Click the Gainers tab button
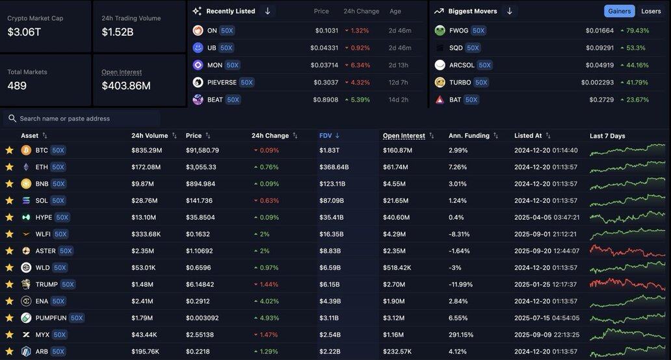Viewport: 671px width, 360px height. (x=619, y=11)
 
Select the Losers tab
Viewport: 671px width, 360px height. (x=651, y=11)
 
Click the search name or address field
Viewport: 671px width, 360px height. (x=85, y=118)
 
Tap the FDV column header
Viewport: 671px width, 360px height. (x=326, y=136)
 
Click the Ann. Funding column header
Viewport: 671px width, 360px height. (x=469, y=136)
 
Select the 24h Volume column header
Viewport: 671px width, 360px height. (x=150, y=136)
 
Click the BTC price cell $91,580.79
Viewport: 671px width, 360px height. (x=202, y=150)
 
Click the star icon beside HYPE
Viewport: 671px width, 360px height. (x=9, y=217)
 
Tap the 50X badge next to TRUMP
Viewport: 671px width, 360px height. (x=68, y=284)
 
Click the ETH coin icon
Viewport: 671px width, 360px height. (x=26, y=167)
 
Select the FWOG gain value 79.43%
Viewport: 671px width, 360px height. (x=637, y=31)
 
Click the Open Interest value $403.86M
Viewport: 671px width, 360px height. (x=126, y=86)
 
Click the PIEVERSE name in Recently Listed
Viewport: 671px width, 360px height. (x=222, y=83)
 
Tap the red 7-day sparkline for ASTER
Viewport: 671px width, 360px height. (x=627, y=251)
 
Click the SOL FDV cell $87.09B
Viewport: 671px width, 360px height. (x=332, y=200)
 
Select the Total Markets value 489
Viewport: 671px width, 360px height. (x=17, y=86)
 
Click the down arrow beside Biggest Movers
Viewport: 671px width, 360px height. (x=510, y=11)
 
